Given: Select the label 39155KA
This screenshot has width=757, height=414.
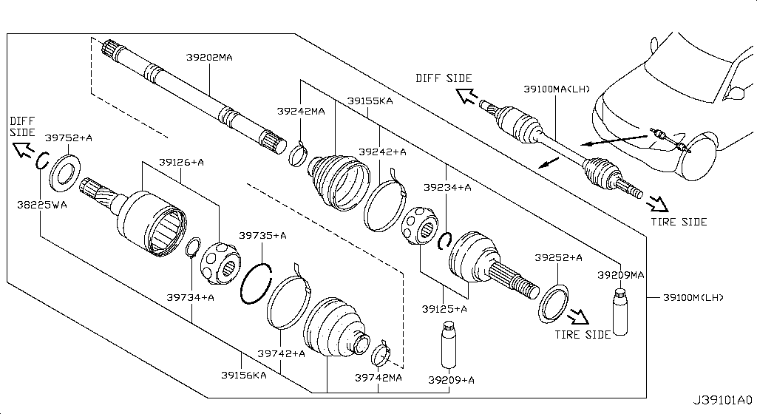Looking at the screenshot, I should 370,101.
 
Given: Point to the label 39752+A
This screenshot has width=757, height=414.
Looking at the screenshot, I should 69,138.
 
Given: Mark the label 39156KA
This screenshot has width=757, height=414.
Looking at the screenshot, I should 244,375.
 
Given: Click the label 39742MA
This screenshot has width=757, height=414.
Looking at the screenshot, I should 378,377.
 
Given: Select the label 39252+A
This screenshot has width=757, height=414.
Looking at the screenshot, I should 558,257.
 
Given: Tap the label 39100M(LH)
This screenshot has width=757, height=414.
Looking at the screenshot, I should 692,298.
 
